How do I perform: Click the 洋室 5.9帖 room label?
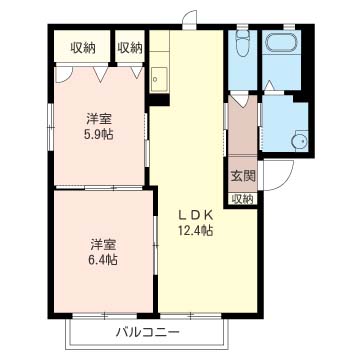[98, 126]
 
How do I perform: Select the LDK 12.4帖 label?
[196, 223]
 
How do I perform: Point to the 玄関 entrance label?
[243, 176]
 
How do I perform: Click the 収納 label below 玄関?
[243, 198]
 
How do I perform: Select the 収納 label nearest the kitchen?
[129, 48]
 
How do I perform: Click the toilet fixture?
[242, 45]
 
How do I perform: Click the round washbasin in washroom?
[297, 140]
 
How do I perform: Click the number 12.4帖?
[196, 232]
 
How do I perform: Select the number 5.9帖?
[98, 134]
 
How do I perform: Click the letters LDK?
[196, 214]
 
